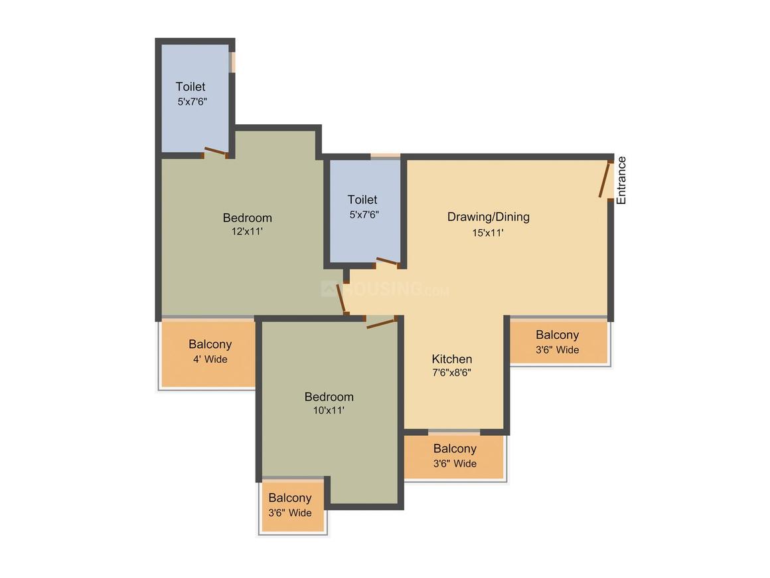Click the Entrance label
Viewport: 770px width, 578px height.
(x=621, y=180)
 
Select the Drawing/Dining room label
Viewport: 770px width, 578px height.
(x=488, y=217)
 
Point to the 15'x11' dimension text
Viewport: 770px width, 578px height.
(x=488, y=233)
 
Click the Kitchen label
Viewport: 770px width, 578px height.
(x=452, y=359)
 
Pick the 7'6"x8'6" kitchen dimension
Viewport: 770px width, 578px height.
(x=452, y=373)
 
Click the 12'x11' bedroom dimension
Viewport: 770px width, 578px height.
(x=247, y=231)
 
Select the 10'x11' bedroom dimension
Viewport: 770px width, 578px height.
(x=329, y=411)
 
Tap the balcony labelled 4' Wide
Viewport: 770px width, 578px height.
(x=209, y=353)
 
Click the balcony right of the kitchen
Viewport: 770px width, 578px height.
(x=558, y=342)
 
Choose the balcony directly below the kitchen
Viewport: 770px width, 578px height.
(x=455, y=456)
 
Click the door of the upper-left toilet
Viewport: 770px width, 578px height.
(x=216, y=152)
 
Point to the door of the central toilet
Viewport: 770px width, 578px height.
(x=388, y=262)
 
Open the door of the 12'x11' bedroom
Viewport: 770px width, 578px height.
(x=342, y=300)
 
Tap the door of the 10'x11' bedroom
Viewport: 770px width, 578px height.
(x=381, y=323)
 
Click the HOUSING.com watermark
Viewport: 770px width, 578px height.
(x=385, y=290)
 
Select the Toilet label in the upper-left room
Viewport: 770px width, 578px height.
(x=191, y=86)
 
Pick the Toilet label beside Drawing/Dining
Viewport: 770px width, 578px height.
(x=362, y=199)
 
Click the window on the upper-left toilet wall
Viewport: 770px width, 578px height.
(x=232, y=62)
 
